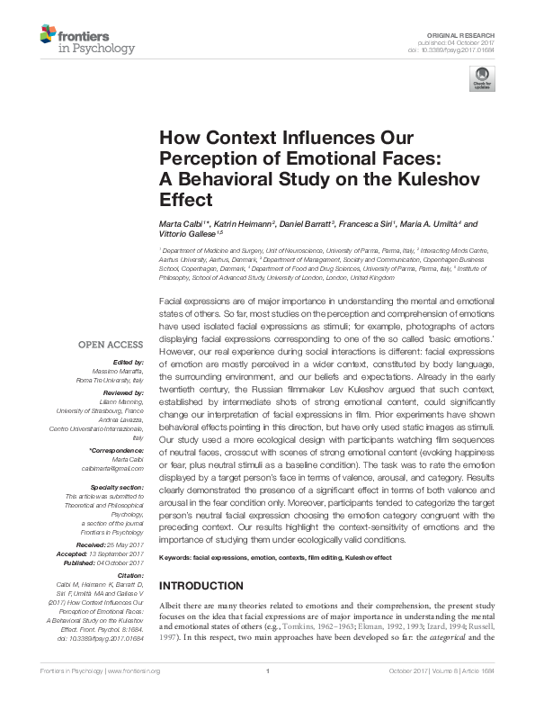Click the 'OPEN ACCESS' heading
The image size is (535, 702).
pos(111,344)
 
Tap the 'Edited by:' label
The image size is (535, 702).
pos(126,361)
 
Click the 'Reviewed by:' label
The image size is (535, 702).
pos(121,393)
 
